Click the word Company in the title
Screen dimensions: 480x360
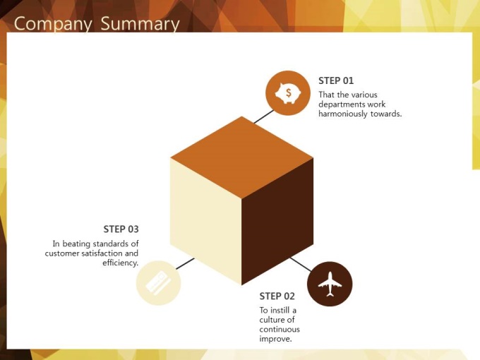[x=53, y=24]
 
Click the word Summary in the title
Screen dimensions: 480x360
[x=140, y=24]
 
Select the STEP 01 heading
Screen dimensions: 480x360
[x=336, y=80]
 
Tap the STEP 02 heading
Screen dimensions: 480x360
[x=277, y=296]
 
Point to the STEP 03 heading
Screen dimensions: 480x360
[x=121, y=229]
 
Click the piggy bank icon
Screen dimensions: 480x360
[x=288, y=92]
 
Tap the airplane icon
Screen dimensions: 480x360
[x=330, y=284]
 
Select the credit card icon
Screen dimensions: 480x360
[x=158, y=283]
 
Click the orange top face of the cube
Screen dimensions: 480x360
[x=242, y=157]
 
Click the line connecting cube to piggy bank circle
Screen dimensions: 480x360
[x=263, y=116]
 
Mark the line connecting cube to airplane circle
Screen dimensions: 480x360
[x=301, y=265]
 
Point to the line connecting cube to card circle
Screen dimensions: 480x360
[x=185, y=264]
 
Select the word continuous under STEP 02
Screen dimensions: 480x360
[x=280, y=330]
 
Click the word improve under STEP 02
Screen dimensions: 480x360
[x=275, y=340]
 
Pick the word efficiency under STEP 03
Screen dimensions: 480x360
[x=120, y=263]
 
